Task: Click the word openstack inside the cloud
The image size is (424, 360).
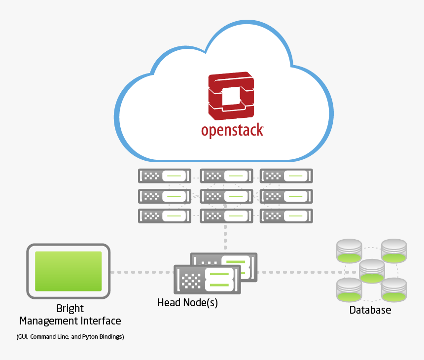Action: point(232,130)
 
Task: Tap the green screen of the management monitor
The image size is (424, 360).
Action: point(68,271)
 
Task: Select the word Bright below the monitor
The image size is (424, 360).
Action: point(70,309)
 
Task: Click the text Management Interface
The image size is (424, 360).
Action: point(70,321)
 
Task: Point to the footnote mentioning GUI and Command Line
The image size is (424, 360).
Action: point(70,337)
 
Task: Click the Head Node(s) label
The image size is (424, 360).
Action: point(187,302)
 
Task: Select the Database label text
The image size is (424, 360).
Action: point(370,310)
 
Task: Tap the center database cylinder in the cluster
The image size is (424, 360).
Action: point(371,271)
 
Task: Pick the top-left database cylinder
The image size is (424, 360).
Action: point(349,251)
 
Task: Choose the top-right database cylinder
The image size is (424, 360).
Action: point(393,251)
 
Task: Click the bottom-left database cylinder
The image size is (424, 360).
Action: point(349,290)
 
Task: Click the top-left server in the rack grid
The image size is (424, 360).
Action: point(164,176)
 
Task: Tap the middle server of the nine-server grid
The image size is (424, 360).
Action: point(226,196)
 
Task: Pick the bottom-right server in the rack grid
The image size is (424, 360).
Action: point(286,216)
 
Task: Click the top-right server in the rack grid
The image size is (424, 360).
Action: point(286,176)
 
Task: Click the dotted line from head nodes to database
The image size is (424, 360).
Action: point(296,272)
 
